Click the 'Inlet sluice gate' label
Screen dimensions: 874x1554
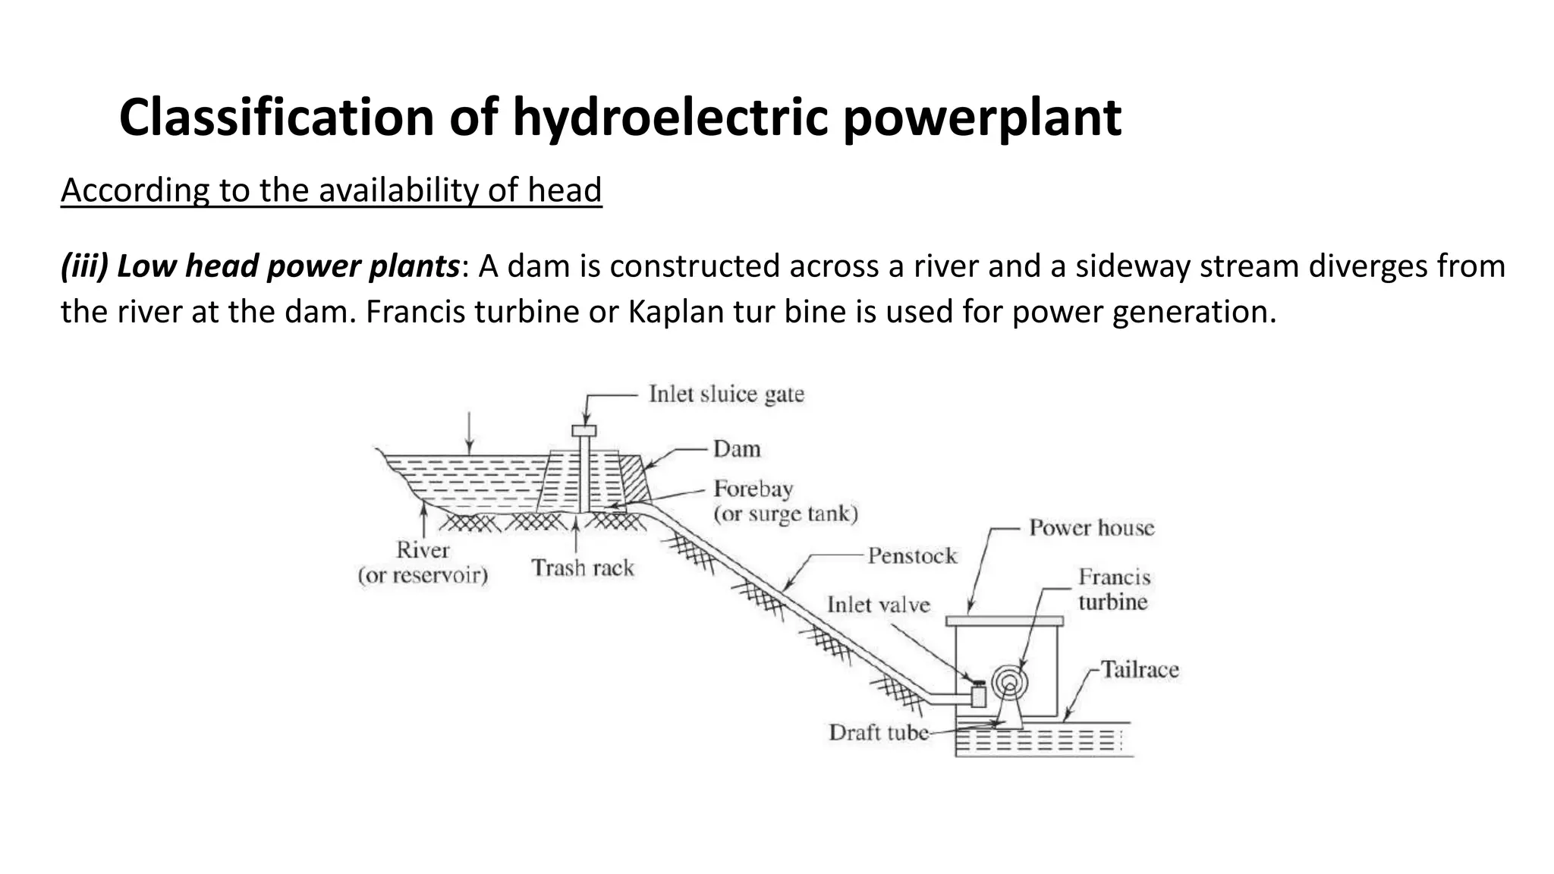tap(726, 395)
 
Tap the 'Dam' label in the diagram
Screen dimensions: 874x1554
tap(737, 449)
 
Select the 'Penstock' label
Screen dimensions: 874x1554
tap(912, 556)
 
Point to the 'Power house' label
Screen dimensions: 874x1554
tap(1091, 528)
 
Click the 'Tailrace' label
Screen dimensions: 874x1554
tap(1140, 670)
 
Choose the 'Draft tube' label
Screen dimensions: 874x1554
tap(878, 733)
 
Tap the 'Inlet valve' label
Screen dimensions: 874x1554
tap(878, 605)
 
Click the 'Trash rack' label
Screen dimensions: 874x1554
tap(582, 568)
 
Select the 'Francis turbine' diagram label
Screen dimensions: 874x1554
tap(1114, 589)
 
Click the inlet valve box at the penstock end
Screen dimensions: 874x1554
tap(979, 695)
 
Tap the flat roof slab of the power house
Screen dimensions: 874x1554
tap(1005, 621)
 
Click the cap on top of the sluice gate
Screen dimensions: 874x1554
tap(584, 431)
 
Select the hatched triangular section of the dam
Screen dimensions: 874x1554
tap(634, 473)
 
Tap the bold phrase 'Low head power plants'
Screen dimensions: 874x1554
tap(288, 267)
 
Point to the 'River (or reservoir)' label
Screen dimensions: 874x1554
tap(423, 563)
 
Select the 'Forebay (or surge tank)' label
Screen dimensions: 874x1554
tap(785, 501)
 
